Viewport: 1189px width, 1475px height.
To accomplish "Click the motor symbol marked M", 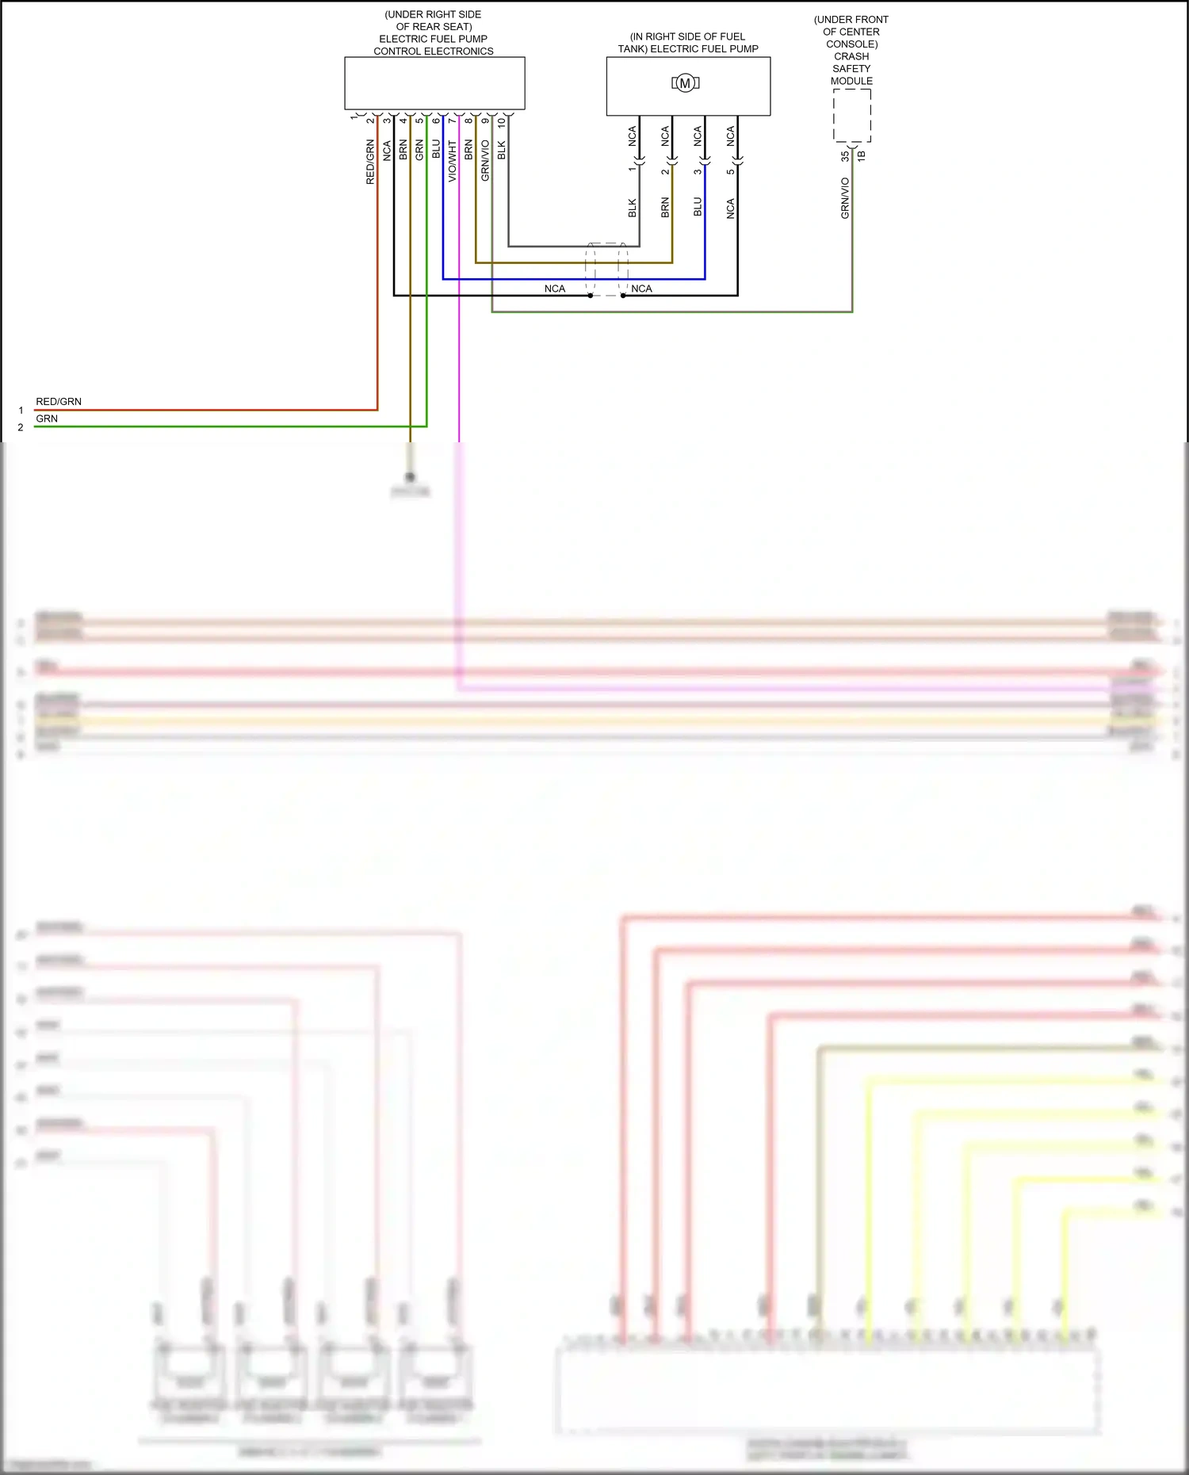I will (x=685, y=83).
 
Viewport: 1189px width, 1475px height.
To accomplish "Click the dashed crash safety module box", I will (x=852, y=116).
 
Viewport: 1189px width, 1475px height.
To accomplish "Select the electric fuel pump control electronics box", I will (x=434, y=82).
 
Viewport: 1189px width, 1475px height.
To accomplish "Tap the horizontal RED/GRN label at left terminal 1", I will (x=59, y=402).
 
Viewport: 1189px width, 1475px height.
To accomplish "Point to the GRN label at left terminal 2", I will (x=47, y=418).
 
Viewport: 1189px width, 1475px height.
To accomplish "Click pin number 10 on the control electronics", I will (x=501, y=124).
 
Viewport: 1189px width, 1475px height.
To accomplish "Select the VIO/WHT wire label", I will (x=453, y=161).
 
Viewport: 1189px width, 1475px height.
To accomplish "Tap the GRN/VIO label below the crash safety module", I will (x=845, y=198).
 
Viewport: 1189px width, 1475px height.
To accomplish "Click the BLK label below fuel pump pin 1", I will (x=633, y=208).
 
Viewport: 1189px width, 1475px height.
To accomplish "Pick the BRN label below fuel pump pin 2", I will (x=665, y=208).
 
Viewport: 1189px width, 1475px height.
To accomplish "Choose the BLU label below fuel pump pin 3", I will (x=698, y=207).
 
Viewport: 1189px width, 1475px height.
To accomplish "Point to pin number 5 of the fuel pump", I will (x=730, y=171).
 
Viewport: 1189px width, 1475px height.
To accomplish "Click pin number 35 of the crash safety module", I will (x=845, y=157).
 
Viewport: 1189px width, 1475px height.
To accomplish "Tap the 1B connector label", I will (x=862, y=157).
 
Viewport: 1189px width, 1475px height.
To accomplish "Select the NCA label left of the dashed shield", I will (x=555, y=289).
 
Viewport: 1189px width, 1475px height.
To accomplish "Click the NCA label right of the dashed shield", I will (x=642, y=289).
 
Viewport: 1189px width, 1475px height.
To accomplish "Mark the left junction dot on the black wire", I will (x=591, y=296).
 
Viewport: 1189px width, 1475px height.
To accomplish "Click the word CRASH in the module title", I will (x=851, y=56).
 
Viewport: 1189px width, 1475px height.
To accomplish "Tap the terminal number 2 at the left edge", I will (x=21, y=427).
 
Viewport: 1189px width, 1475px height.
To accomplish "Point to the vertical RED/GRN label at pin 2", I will (x=370, y=162).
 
